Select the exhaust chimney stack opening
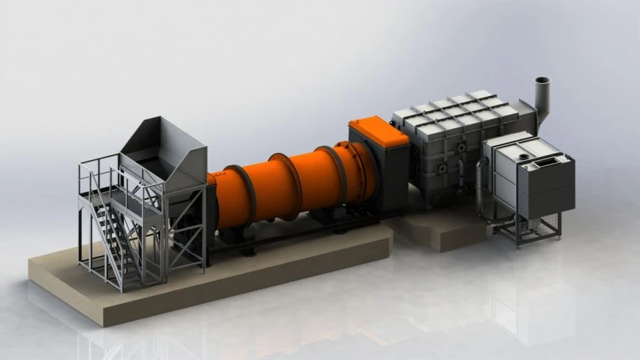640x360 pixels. pyautogui.click(x=543, y=80)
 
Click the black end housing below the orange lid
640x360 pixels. pyautogui.click(x=388, y=178)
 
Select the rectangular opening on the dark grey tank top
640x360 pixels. pyautogui.click(x=545, y=162)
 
